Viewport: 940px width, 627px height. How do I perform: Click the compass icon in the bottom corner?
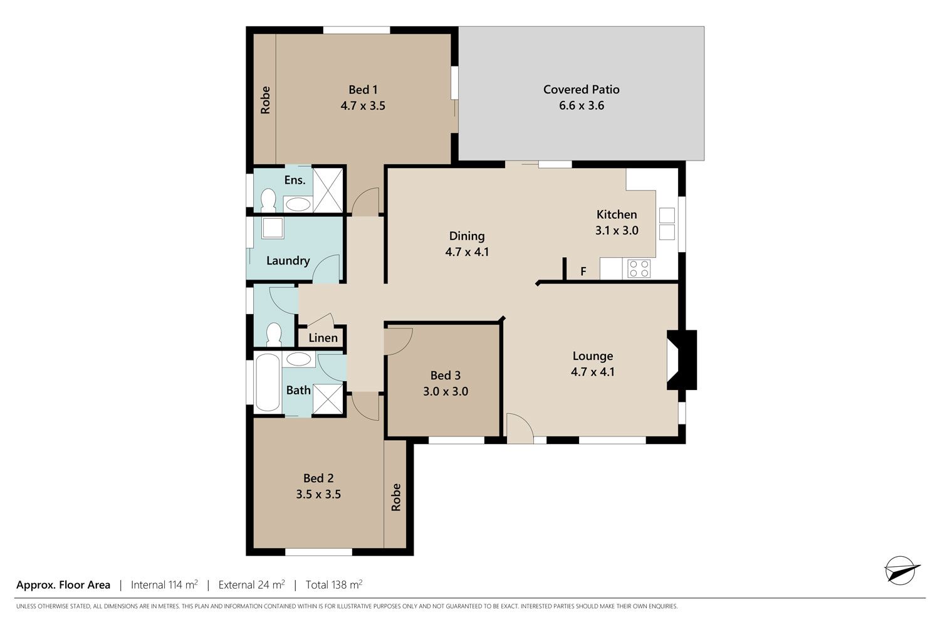[x=901, y=571]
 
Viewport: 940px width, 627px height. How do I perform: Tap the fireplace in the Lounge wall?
[x=682, y=360]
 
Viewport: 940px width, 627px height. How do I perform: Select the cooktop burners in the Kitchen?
[x=639, y=269]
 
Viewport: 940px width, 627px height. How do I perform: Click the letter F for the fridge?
[x=583, y=271]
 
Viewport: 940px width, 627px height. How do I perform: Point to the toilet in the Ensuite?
[x=268, y=200]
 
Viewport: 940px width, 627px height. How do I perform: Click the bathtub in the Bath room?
[x=268, y=382]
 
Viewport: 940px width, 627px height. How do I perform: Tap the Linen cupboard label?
[x=323, y=338]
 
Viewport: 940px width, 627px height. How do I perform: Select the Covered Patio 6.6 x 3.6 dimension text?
[x=582, y=105]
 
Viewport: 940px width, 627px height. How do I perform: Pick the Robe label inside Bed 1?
[x=265, y=100]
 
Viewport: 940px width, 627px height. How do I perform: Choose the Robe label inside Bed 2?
[x=395, y=497]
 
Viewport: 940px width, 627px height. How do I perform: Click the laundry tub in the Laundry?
[x=273, y=228]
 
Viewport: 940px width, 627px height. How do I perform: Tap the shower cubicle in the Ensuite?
[x=328, y=190]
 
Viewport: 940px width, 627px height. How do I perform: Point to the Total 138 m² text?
[x=334, y=584]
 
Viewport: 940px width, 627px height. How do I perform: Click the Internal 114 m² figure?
[x=164, y=584]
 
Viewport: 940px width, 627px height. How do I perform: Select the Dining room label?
[x=467, y=236]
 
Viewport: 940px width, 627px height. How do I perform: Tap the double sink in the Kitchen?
[x=667, y=224]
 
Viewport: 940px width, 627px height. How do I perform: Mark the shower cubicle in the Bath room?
[x=328, y=399]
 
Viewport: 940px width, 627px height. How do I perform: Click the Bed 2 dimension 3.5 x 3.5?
[x=318, y=494]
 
